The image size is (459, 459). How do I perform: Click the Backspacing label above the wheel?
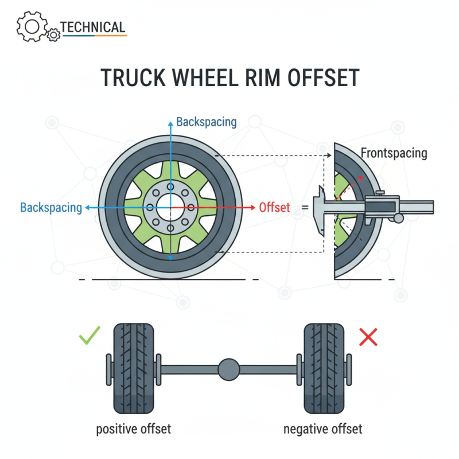tap(206, 122)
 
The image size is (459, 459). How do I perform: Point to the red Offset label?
tap(275, 207)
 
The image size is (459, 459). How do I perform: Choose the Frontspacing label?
tap(394, 153)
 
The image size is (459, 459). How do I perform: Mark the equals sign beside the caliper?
tap(305, 208)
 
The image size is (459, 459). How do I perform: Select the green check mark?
tap(90, 336)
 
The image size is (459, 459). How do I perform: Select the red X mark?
tap(368, 337)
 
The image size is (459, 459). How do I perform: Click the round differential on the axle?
tap(228, 368)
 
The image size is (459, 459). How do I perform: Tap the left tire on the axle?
tap(134, 368)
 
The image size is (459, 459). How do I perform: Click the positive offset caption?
tap(134, 429)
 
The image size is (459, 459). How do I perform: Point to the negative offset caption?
tap(323, 429)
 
